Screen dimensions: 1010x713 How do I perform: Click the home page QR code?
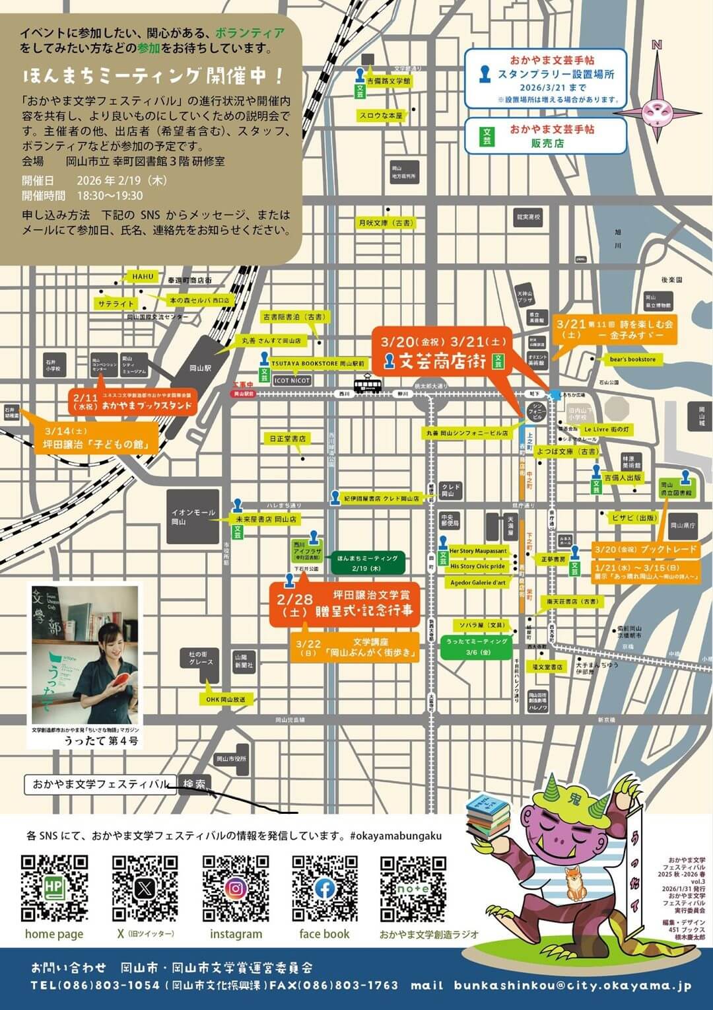click(54, 888)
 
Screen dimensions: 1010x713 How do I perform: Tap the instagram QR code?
click(235, 888)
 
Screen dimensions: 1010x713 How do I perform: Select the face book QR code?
click(325, 888)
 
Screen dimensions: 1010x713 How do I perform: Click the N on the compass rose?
click(656, 45)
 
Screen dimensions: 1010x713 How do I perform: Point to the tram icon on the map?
click(365, 384)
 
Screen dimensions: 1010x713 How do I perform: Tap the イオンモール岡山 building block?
click(193, 517)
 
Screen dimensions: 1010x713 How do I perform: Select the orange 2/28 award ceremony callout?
click(345, 604)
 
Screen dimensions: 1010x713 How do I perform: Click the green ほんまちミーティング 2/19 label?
click(367, 562)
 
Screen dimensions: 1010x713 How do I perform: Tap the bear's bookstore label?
click(632, 359)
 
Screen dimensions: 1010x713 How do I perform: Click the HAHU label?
click(143, 276)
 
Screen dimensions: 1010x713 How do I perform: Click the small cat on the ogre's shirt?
click(574, 882)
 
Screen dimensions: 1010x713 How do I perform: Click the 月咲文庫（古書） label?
click(386, 223)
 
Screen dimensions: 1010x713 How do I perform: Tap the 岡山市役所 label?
click(231, 759)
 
